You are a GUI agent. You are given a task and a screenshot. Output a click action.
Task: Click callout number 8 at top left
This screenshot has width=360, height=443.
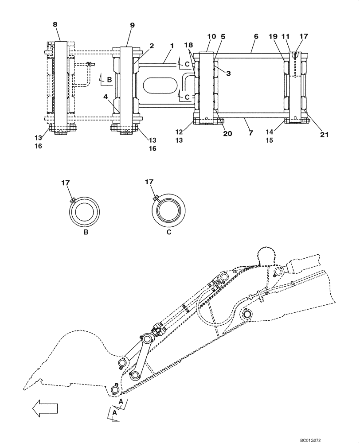click(x=55, y=25)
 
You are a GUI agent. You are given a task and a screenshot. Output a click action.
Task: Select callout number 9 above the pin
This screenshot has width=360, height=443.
click(x=132, y=25)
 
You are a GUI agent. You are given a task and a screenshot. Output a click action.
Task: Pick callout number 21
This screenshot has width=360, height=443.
click(x=325, y=135)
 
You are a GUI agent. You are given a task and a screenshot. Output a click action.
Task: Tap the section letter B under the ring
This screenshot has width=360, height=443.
click(x=85, y=233)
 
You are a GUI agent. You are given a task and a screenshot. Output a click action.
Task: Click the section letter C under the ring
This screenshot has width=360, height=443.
click(x=168, y=233)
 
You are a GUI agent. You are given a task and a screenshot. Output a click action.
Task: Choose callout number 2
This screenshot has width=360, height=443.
click(x=152, y=46)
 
